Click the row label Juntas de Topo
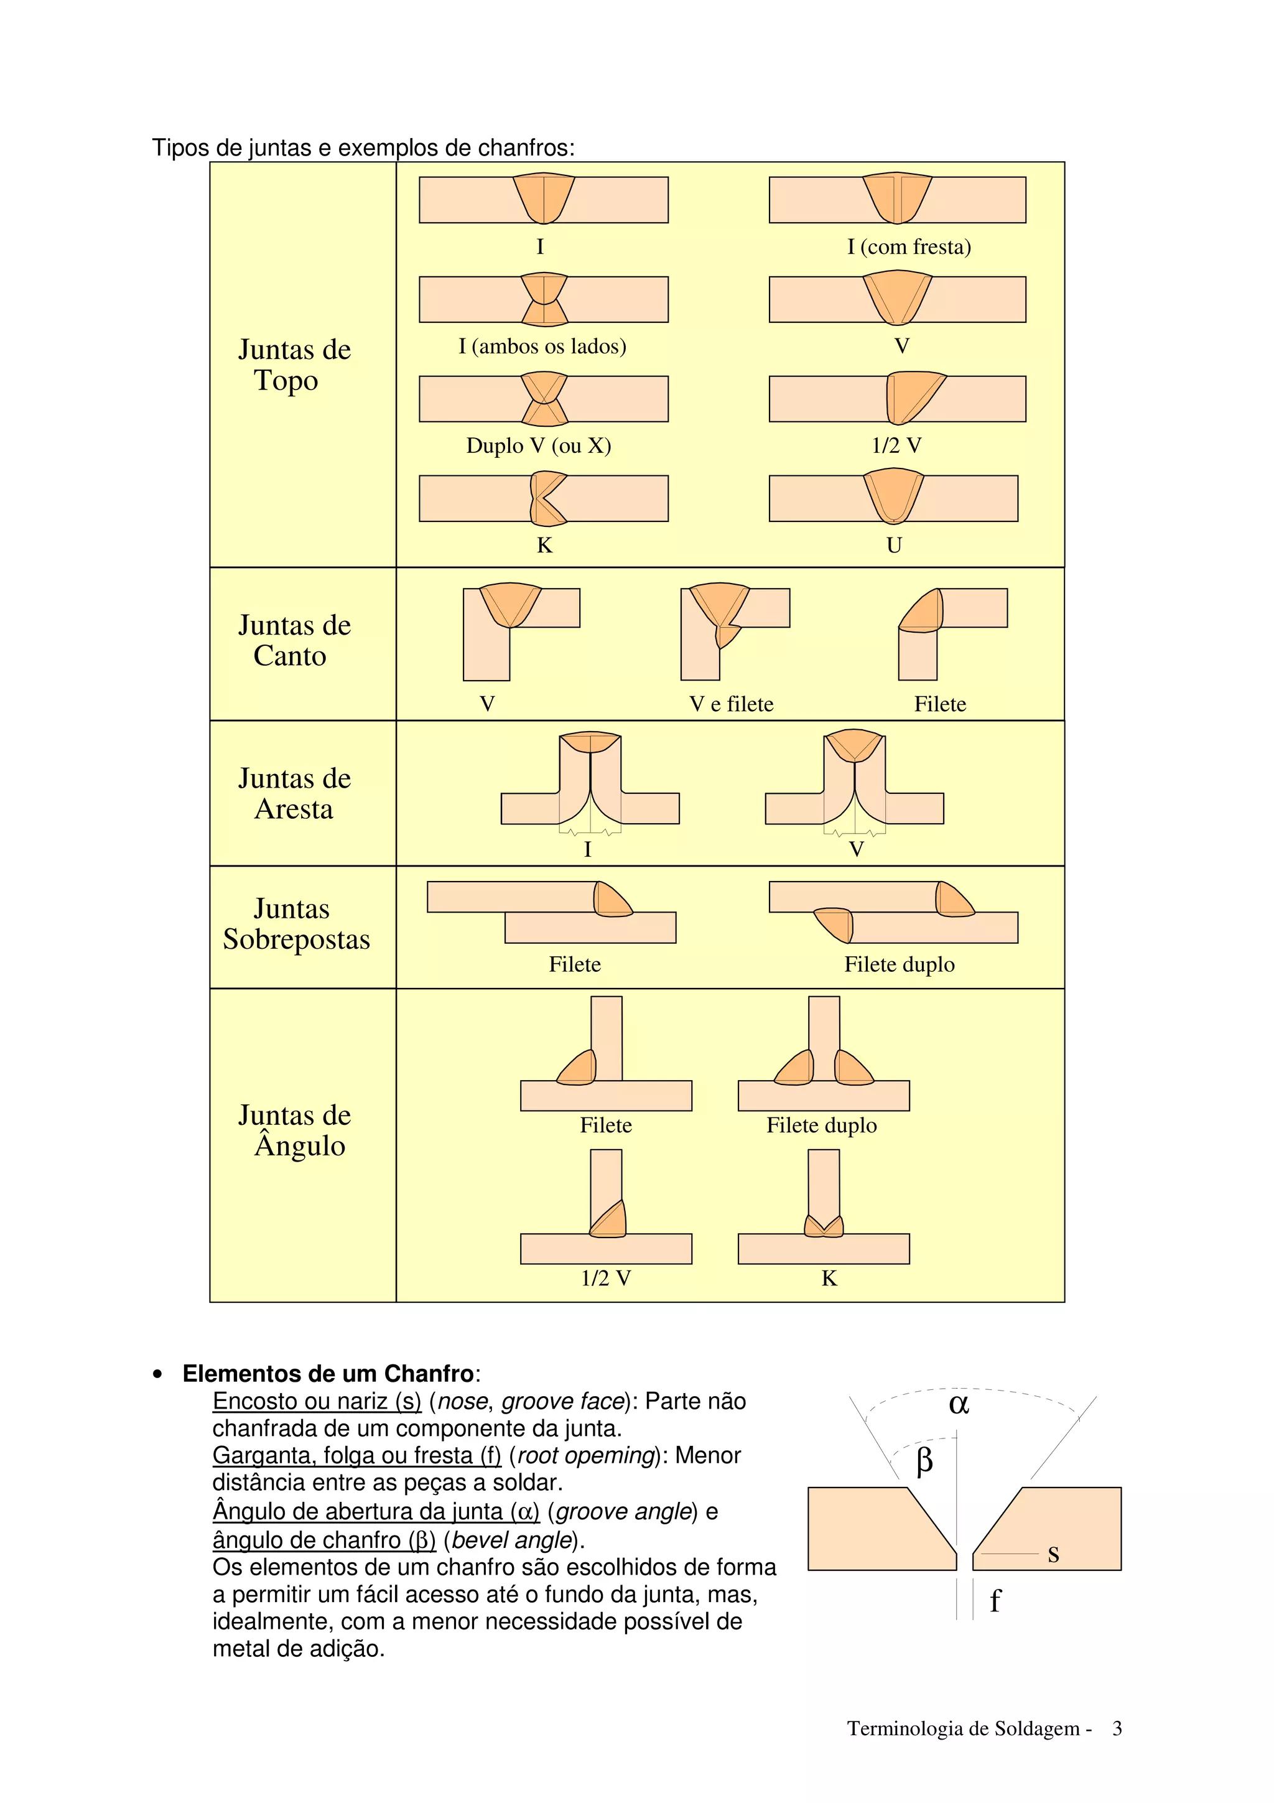(x=294, y=365)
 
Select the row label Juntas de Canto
(x=294, y=640)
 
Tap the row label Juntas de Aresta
(x=294, y=793)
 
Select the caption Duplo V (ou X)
(x=539, y=445)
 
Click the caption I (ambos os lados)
(x=542, y=347)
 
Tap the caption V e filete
(x=732, y=704)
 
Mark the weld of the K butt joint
(x=546, y=498)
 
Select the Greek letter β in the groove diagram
(x=924, y=1461)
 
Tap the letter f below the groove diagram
(x=995, y=1600)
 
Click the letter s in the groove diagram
(x=1053, y=1554)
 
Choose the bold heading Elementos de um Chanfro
(x=328, y=1374)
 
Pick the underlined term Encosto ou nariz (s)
(x=317, y=1401)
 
